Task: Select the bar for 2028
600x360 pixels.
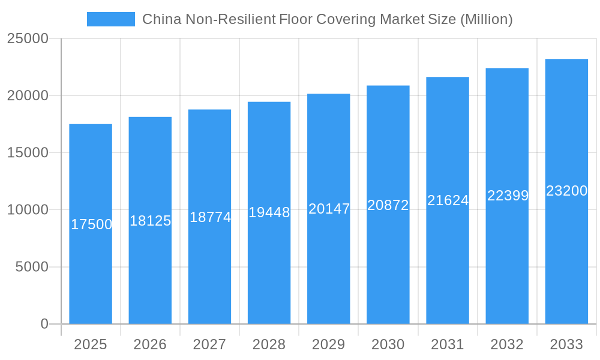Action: (x=269, y=270)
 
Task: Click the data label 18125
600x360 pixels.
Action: (x=151, y=221)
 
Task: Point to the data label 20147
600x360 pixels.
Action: (x=329, y=209)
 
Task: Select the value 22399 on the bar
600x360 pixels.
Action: (x=508, y=196)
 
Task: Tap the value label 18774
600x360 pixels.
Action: (x=210, y=217)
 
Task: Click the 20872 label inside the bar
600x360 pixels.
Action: (x=388, y=205)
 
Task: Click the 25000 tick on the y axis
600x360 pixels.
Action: (x=28, y=38)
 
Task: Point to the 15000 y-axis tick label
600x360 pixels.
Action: (x=28, y=152)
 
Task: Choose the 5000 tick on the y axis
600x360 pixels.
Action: (x=32, y=267)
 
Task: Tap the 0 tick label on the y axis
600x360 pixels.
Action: (x=44, y=324)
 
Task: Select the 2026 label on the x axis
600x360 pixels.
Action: (x=150, y=344)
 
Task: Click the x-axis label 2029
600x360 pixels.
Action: (x=329, y=344)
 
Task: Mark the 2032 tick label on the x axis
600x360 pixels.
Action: (x=507, y=344)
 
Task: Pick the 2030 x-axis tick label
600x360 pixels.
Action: (x=388, y=344)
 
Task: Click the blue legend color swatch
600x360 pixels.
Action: (x=111, y=19)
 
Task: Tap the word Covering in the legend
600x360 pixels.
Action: (x=349, y=19)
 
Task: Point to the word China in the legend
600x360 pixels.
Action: (x=159, y=19)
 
